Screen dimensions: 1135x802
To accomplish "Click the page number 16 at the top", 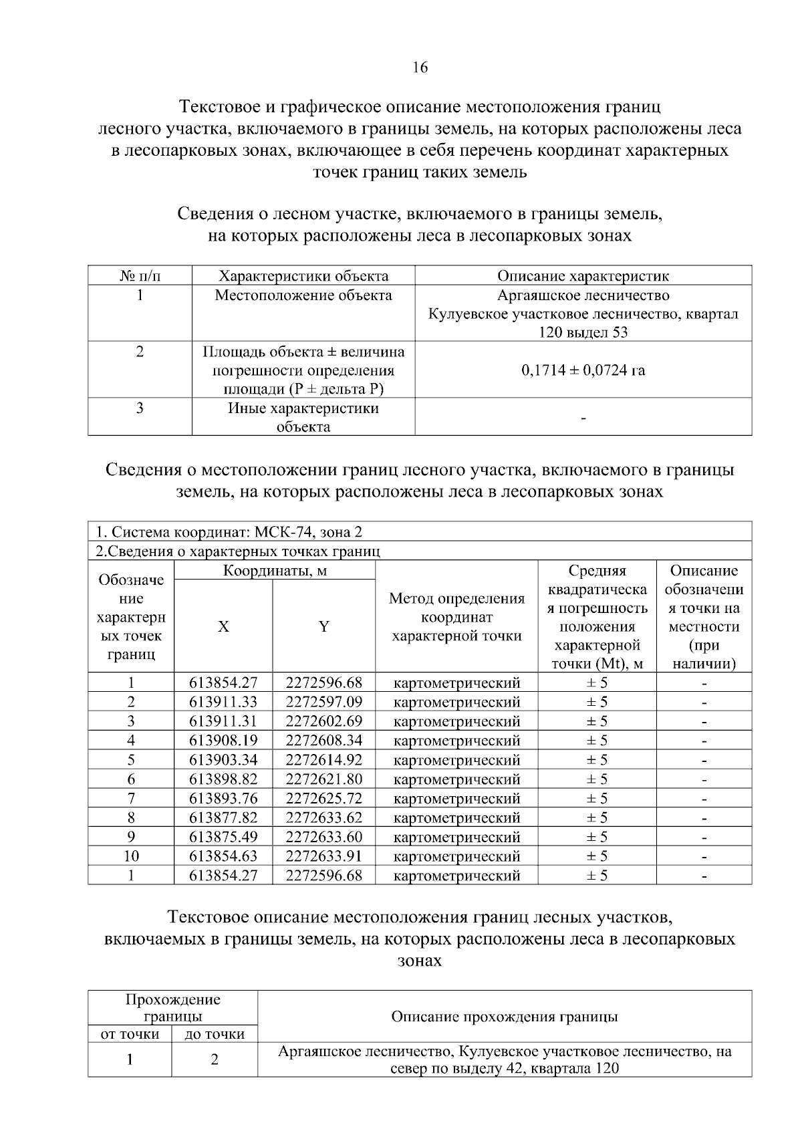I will coord(420,68).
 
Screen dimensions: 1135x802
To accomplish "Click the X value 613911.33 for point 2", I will coord(223,702).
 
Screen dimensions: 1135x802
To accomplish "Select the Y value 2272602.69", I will coord(323,721).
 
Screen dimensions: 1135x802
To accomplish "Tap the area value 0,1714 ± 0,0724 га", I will coord(583,370).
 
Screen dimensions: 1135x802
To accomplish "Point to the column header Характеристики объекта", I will coord(303,276).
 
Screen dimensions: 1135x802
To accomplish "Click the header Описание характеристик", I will coord(583,276).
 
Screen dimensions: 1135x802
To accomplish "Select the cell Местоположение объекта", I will coord(303,295).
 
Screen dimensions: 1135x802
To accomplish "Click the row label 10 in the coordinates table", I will coord(131,856).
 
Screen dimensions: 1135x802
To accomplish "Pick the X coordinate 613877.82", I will coord(223,817).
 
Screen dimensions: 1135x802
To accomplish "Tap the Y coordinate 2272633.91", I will coord(323,856).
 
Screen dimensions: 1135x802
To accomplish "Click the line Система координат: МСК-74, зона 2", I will coord(229,532).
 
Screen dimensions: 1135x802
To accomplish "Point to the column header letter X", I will coord(223,626).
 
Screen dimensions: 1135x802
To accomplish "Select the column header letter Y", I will coord(323,626).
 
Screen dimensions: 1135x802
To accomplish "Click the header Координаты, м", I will coord(275,571).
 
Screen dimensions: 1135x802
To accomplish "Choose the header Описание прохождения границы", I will coord(504,1017).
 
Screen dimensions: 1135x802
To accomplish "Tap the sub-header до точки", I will coord(215,1034).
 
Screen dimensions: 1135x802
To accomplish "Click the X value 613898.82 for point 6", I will coord(223,779).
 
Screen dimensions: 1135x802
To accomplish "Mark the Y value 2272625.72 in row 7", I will coord(323,798).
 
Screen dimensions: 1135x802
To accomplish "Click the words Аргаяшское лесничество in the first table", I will coord(583,295).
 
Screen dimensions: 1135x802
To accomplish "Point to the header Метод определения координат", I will coord(456,617).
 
